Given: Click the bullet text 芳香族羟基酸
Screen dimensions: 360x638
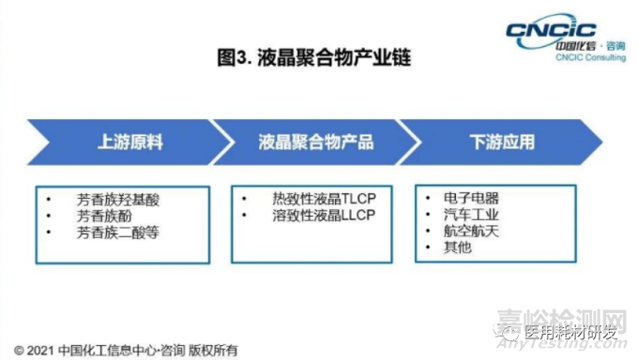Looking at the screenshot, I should click(x=116, y=199).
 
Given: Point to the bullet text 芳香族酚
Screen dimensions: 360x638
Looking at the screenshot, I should click(x=102, y=215).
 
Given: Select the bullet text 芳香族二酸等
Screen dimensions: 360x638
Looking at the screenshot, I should click(x=116, y=231).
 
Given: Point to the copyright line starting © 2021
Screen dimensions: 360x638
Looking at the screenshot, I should click(x=126, y=351).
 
